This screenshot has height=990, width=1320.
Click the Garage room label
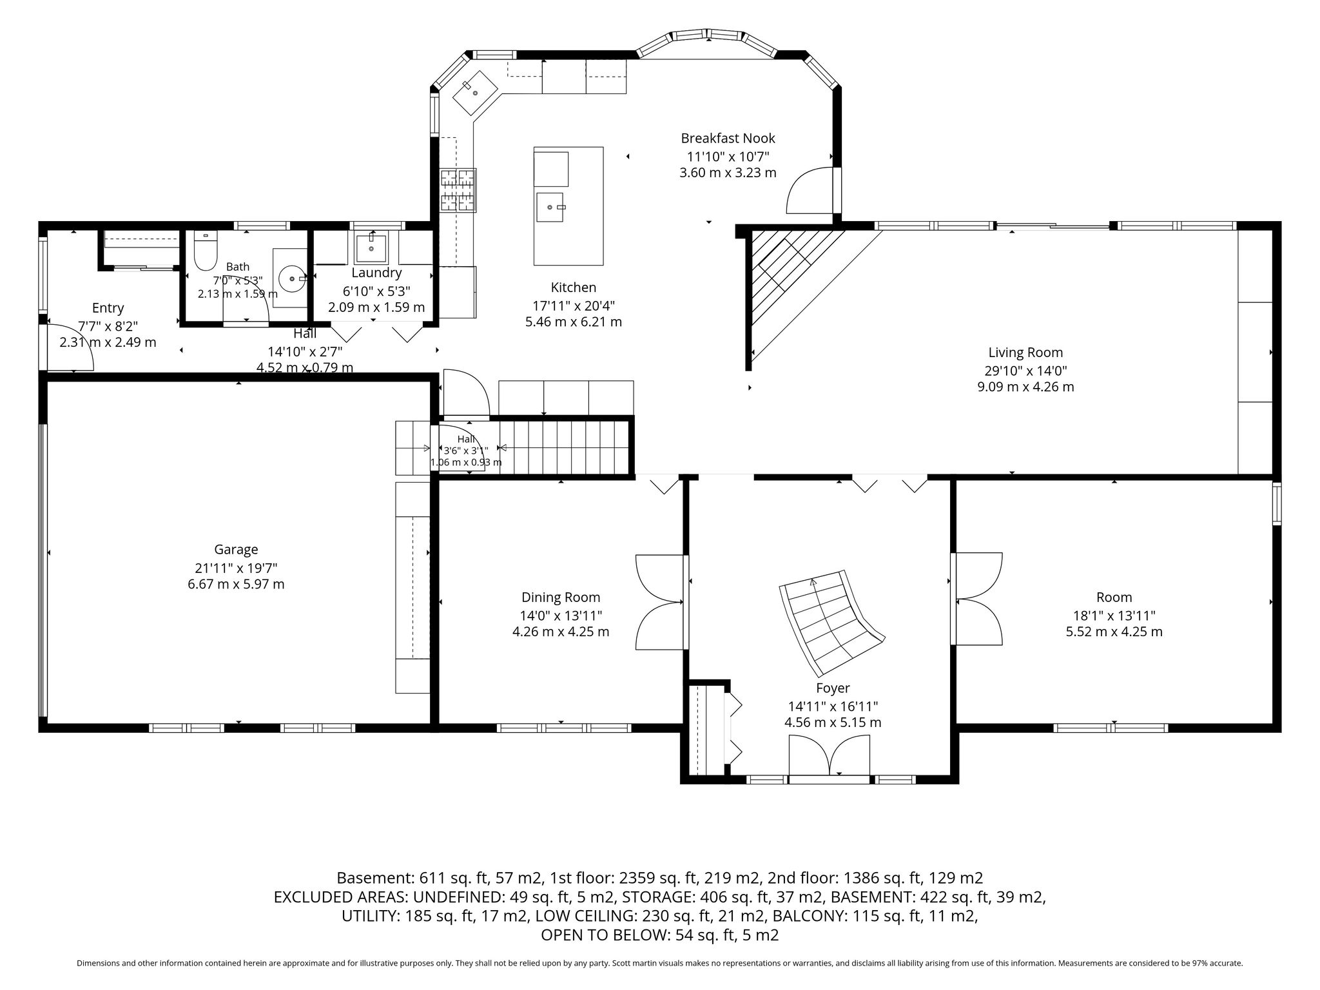tap(236, 549)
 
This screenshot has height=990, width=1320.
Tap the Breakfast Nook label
tap(728, 138)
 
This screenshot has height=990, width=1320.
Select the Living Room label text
tap(1025, 353)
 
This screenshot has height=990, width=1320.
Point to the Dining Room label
tap(561, 597)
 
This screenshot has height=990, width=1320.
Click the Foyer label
tap(833, 688)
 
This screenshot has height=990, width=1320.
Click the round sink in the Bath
tap(293, 279)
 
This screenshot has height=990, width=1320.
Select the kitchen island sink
tap(549, 207)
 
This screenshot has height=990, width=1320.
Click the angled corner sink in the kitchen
tap(476, 93)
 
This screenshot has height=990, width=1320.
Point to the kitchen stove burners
tap(458, 190)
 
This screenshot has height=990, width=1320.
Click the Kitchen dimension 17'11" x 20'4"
tap(574, 306)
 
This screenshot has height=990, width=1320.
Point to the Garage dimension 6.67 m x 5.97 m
tap(236, 584)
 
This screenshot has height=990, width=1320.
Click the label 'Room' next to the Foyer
tap(1114, 597)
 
